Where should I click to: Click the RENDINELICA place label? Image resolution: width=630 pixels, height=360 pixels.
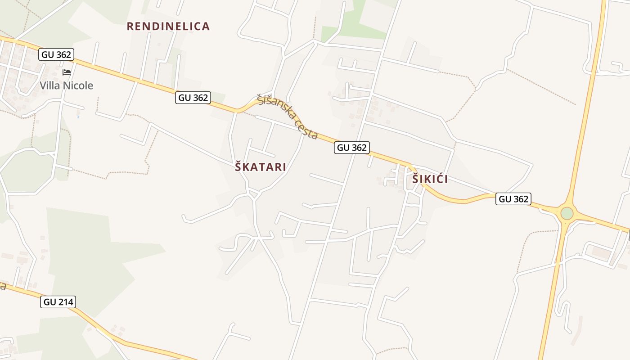coord(168,27)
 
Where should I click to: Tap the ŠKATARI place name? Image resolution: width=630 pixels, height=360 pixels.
coord(261,167)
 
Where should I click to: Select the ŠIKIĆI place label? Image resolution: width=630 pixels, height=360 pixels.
coord(430,179)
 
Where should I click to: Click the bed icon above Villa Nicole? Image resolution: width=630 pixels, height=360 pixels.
coord(67,72)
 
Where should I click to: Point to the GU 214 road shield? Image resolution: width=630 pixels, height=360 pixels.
coord(58,302)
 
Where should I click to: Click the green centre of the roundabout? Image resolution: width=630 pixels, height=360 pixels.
coord(567,213)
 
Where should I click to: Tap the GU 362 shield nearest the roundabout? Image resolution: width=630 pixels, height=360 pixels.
coord(513,199)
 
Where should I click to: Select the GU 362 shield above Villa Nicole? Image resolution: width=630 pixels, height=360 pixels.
coord(56,55)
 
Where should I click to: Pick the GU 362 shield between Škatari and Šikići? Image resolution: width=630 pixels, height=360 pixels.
coord(352,147)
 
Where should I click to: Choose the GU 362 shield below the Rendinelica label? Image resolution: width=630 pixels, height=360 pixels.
coord(193,98)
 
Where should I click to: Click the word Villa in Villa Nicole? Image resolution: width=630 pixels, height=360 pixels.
coord(51,85)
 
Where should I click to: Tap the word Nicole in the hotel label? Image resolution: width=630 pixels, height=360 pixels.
coord(78,85)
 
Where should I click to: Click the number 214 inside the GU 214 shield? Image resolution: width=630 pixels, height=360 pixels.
coord(65,302)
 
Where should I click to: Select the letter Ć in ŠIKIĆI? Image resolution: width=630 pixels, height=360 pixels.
coord(438,179)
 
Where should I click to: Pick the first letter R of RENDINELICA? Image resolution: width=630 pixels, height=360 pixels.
coord(130,27)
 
